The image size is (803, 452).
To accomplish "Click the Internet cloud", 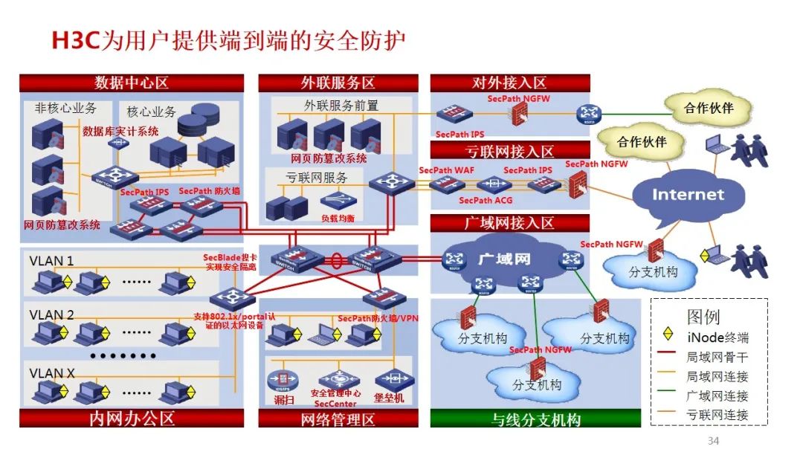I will pos(687,195).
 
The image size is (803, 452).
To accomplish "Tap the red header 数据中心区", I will pos(132,83).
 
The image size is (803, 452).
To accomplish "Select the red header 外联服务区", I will pos(338,83).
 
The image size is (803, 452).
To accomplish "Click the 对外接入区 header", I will pos(509,83).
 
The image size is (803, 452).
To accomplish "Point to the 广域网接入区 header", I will pos(509,223).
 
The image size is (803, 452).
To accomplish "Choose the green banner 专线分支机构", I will pos(535,419).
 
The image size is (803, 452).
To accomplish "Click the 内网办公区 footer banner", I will pos(132,418).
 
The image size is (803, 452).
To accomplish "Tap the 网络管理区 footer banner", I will pos(338,419).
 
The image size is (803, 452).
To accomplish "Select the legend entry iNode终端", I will pos(717,338).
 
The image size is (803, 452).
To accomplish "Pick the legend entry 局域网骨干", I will pos(717,358).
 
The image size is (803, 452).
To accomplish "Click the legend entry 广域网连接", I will pos(717,396).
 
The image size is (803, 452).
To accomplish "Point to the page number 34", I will pos(714,442).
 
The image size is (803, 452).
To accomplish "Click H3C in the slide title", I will pos(74,40).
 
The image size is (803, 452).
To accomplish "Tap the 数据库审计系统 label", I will pos(120,132).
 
